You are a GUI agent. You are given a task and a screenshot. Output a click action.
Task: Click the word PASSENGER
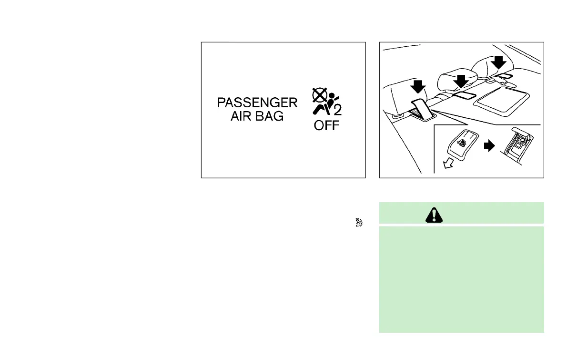[x=257, y=103]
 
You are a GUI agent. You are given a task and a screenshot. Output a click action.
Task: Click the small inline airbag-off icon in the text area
[x=358, y=222]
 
